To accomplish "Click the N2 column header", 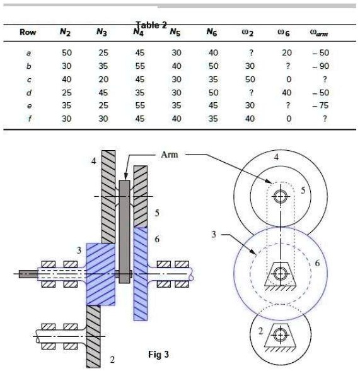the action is pyautogui.click(x=65, y=32).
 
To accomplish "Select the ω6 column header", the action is pyautogui.click(x=284, y=33).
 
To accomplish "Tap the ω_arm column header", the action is pyautogui.click(x=319, y=33).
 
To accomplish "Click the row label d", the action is pyautogui.click(x=28, y=93).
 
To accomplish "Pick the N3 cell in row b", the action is pyautogui.click(x=103, y=66).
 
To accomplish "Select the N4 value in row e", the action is pyautogui.click(x=140, y=105).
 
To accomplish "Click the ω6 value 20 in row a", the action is pyautogui.click(x=286, y=52).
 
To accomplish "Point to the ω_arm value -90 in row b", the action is pyautogui.click(x=320, y=66).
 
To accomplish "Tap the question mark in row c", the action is pyautogui.click(x=325, y=79).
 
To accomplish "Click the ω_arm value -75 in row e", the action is pyautogui.click(x=320, y=105).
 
